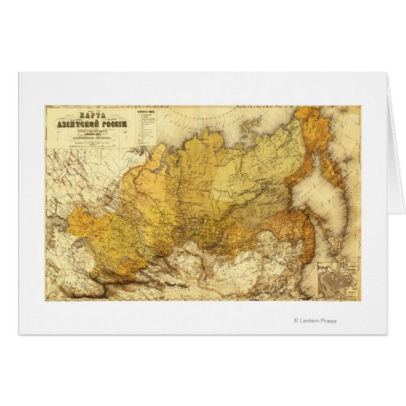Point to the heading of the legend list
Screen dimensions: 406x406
click(x=147, y=111)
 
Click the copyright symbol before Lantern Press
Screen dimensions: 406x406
click(x=296, y=320)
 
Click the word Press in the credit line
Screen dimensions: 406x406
click(x=327, y=320)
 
